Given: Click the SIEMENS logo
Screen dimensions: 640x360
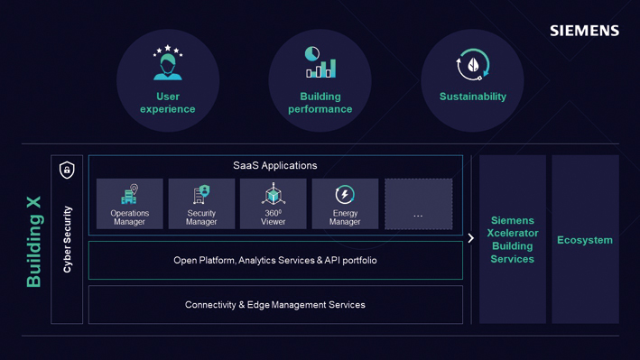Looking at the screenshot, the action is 585,31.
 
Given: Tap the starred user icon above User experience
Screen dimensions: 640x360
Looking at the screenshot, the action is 168,62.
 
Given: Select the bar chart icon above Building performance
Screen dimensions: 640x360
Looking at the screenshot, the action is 320,62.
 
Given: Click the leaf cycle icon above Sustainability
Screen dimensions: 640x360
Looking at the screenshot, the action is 473,64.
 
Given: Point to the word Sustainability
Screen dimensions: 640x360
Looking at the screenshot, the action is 473,97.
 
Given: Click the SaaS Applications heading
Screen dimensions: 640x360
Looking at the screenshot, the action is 275,165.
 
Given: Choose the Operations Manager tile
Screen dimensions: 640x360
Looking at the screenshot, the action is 129,204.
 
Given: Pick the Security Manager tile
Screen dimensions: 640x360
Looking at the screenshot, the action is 201,204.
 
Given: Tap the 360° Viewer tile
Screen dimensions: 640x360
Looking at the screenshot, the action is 274,204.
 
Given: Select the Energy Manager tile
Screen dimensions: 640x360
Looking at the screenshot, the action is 345,204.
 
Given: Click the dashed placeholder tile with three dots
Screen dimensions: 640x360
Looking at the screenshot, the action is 418,204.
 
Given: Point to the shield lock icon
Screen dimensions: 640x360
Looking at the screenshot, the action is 67,170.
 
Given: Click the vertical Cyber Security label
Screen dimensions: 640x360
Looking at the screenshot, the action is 68,239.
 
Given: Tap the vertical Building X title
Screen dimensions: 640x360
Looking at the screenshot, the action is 34,242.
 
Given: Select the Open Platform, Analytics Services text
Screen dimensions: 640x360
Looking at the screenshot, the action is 275,260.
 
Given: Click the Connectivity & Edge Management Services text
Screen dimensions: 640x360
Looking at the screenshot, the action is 275,304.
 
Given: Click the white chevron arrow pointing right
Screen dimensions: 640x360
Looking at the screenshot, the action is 470,238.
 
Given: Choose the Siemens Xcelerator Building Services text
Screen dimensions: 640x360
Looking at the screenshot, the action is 512,240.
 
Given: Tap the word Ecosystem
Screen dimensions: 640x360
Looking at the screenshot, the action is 585,240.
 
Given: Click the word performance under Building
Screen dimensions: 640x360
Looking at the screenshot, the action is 320,109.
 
